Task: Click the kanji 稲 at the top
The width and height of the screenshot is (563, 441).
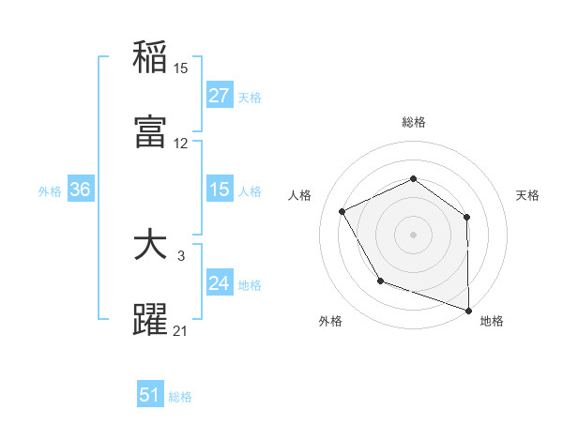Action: pos(150,55)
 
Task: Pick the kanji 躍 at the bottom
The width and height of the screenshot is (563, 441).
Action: pos(150,319)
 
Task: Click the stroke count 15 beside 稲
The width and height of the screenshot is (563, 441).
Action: pos(181,68)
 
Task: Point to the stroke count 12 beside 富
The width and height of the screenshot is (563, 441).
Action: pos(181,144)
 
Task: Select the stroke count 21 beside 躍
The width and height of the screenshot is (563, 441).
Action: pos(181,331)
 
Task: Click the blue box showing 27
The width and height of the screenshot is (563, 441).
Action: pos(219,96)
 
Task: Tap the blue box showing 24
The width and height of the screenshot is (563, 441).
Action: pos(219,284)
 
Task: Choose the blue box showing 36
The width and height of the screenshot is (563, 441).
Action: pos(80,190)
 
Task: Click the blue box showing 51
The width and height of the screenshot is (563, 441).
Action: pos(150,395)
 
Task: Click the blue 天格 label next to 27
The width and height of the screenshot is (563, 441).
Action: pos(250,97)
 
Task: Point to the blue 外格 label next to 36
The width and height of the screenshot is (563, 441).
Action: pos(50,191)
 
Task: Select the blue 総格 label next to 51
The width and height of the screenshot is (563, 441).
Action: pos(180,397)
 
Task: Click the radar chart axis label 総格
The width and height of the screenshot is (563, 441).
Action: pos(414,122)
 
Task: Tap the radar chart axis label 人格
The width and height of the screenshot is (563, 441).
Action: pos(300,195)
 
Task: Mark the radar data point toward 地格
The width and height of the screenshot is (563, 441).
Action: pos(467,309)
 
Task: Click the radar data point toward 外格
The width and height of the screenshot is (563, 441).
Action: pos(380,281)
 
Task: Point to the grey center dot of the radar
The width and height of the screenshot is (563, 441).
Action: pos(413,234)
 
